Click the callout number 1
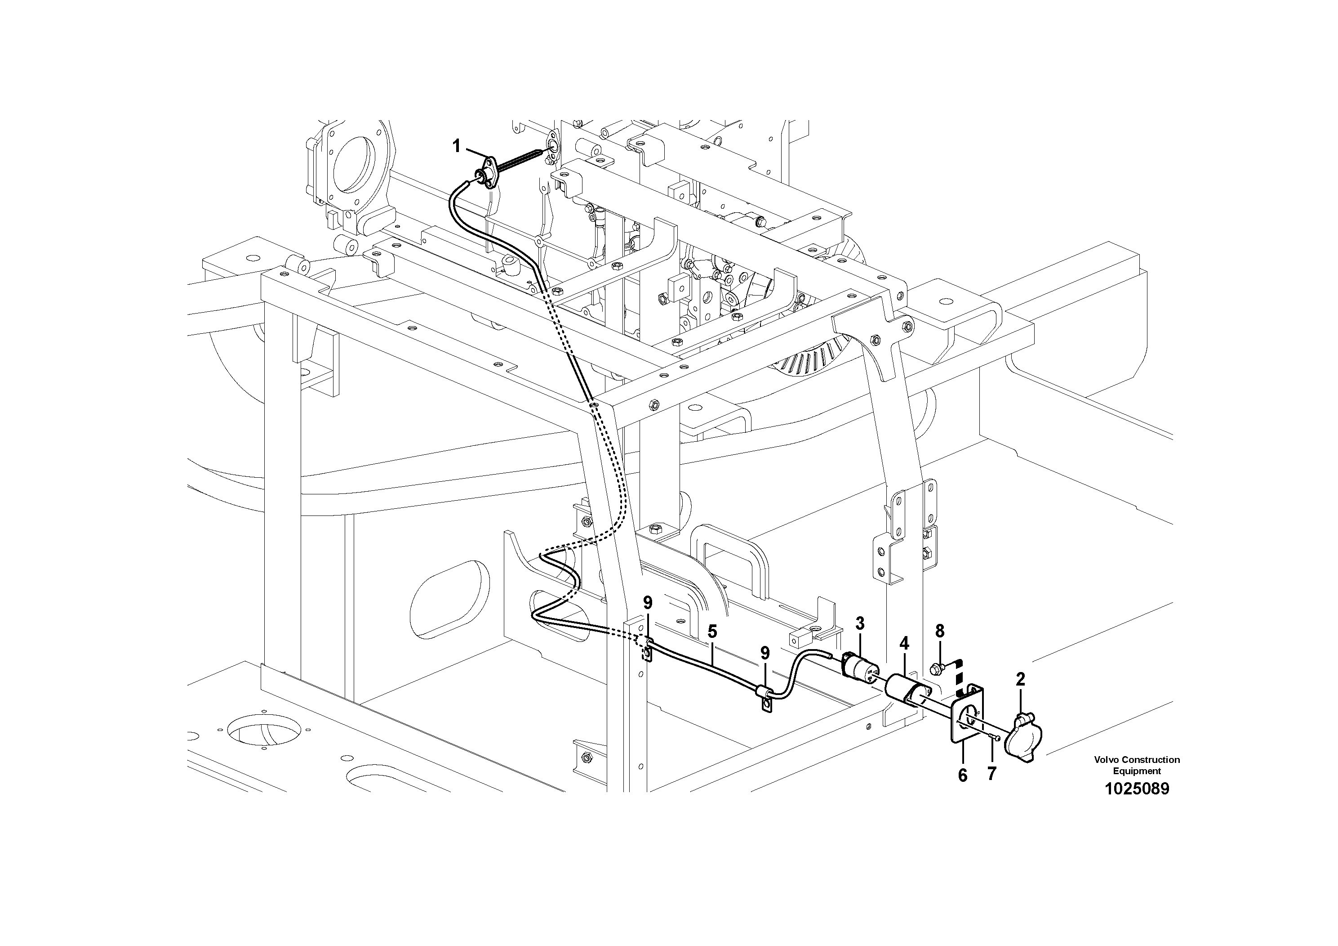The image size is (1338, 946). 456,146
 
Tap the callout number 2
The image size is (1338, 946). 1020,679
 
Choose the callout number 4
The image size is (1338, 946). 904,644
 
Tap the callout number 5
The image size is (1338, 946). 711,631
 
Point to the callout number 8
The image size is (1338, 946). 939,631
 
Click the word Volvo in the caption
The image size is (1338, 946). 1107,759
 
